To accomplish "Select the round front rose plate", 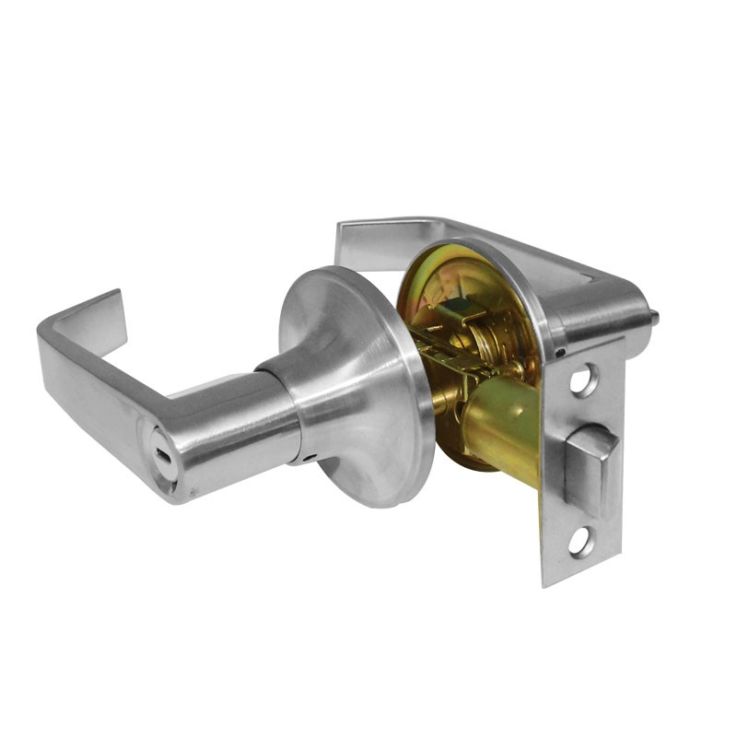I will click(x=355, y=387).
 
